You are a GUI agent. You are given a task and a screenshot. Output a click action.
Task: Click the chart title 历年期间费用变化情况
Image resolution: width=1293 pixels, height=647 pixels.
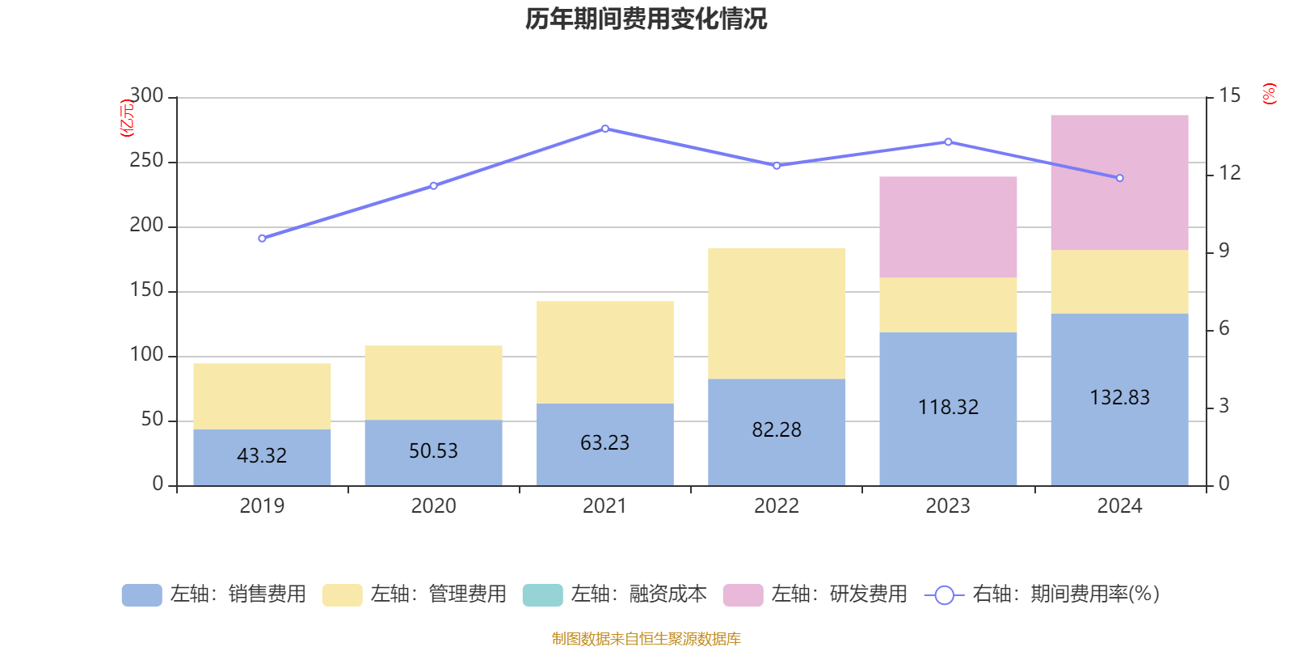tap(646, 19)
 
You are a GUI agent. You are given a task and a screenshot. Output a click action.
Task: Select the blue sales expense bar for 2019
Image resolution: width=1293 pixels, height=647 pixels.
tap(262, 457)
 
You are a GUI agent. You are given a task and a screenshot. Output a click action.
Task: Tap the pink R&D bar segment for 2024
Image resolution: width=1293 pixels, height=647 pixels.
tap(1119, 182)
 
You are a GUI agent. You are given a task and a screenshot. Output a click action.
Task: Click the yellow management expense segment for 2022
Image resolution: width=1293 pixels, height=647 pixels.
tap(777, 313)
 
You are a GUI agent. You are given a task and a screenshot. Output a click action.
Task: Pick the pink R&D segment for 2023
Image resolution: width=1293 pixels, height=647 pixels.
tap(948, 226)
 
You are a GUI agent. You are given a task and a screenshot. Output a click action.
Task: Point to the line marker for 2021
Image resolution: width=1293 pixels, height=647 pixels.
tap(605, 129)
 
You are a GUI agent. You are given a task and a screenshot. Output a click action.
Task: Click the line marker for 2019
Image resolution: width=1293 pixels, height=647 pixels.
tap(262, 239)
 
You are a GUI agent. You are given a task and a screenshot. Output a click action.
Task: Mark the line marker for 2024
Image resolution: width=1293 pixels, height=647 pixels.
tap(1119, 178)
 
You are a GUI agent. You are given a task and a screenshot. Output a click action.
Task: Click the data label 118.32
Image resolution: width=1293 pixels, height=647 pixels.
tap(948, 407)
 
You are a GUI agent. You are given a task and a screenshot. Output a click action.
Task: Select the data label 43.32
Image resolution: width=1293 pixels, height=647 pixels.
tap(262, 455)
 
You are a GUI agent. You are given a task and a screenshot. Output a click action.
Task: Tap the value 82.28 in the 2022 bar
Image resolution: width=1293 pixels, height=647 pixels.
tap(777, 429)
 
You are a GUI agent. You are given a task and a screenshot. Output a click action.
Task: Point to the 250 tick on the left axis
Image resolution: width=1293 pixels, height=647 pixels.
tap(146, 161)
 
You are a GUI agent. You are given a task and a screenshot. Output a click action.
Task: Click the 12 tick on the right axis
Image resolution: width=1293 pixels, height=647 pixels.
tap(1230, 173)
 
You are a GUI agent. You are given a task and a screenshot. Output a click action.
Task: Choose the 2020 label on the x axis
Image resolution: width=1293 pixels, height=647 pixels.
tap(433, 506)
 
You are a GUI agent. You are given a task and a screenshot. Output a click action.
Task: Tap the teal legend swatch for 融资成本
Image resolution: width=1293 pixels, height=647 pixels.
tap(542, 595)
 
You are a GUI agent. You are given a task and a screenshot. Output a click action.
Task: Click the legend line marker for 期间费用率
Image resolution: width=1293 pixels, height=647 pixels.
tap(944, 595)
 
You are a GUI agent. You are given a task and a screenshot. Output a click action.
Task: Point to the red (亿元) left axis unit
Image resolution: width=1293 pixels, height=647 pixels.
tap(127, 118)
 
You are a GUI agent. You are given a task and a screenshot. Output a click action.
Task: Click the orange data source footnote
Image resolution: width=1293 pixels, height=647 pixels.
tap(646, 639)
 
